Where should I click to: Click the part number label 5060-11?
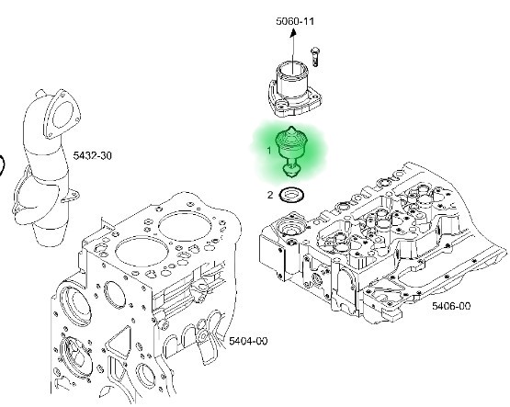pyautogui.click(x=296, y=20)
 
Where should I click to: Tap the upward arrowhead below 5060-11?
pyautogui.click(x=296, y=32)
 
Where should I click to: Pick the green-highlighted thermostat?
pyautogui.click(x=291, y=149)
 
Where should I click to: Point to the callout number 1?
pyautogui.click(x=269, y=148)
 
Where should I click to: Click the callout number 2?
pyautogui.click(x=270, y=195)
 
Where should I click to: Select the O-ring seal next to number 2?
pyautogui.click(x=292, y=195)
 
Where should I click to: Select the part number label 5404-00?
pyautogui.click(x=248, y=341)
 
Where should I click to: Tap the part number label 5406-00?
pyautogui.click(x=451, y=306)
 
